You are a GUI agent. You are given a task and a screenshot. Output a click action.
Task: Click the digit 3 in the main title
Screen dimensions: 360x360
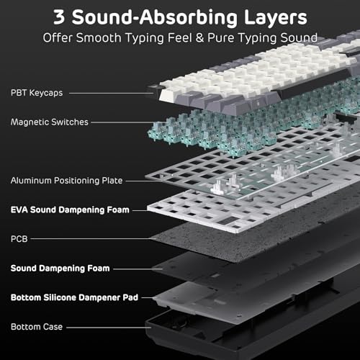pyautogui.click(x=59, y=17)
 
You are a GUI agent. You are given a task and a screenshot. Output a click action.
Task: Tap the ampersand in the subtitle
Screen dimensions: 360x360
pyautogui.click(x=199, y=37)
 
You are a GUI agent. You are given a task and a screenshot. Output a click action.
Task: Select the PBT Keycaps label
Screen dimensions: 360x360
pyautogui.click(x=37, y=93)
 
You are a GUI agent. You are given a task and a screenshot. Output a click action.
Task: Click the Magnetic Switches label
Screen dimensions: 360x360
pyautogui.click(x=50, y=122)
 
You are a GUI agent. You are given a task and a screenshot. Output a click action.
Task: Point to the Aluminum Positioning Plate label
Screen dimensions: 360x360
pyautogui.click(x=66, y=181)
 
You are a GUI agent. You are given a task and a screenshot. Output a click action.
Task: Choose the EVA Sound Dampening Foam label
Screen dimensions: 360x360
pyautogui.click(x=70, y=210)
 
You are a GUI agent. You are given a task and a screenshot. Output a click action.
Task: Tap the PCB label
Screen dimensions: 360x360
pyautogui.click(x=19, y=239)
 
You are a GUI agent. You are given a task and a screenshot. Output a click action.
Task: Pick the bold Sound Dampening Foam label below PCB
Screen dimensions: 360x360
pyautogui.click(x=60, y=269)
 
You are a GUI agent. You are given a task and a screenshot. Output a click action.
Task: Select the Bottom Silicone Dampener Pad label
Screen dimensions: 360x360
pyautogui.click(x=74, y=297)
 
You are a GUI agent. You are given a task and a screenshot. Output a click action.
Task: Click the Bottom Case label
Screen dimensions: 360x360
pyautogui.click(x=37, y=327)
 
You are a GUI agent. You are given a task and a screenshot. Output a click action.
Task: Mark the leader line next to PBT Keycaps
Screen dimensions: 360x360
pyautogui.click(x=111, y=93)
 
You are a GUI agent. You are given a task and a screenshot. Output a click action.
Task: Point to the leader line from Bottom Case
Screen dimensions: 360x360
pyautogui.click(x=109, y=327)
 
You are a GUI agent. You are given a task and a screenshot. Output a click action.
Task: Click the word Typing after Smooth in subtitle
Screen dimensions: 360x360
pyautogui.click(x=145, y=38)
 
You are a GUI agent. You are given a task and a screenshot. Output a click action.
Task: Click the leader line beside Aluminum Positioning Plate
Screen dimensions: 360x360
pyautogui.click(x=143, y=181)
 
